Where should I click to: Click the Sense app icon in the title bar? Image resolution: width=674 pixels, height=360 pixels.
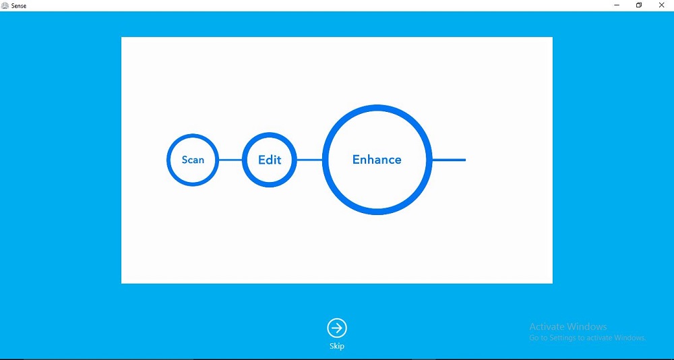click(5, 5)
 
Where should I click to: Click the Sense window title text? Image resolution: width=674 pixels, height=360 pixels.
click(19, 6)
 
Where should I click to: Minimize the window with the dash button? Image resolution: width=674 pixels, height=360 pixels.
click(617, 5)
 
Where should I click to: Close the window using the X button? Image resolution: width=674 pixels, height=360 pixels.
click(662, 5)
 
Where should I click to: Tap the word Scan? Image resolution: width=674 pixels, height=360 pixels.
click(193, 160)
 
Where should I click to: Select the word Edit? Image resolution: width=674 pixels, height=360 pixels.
click(270, 160)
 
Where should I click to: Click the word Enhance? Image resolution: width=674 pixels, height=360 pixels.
click(377, 160)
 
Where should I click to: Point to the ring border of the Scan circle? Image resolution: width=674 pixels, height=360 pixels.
click(168, 160)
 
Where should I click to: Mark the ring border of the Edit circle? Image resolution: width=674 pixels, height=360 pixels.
click(244, 160)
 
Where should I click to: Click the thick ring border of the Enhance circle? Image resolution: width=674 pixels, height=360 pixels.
click(326, 160)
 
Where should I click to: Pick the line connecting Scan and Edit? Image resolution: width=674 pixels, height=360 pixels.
click(231, 160)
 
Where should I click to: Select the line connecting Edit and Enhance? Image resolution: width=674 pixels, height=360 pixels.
click(309, 160)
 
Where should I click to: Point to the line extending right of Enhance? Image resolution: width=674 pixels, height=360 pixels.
click(449, 160)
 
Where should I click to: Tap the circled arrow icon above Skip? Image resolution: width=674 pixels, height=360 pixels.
click(337, 328)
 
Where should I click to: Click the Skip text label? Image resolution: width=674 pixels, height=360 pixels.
click(337, 347)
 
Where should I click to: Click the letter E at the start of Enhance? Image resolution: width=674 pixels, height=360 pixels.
click(356, 160)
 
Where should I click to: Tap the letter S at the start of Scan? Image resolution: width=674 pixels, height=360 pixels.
click(185, 160)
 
